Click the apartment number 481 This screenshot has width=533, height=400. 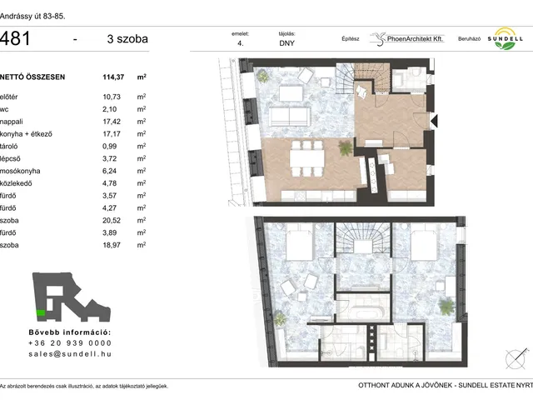point(15,38)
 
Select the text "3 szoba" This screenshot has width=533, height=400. point(127,39)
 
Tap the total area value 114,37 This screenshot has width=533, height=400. point(113,77)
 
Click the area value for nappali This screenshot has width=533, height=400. point(112,122)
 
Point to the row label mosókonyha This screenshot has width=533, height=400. point(20,171)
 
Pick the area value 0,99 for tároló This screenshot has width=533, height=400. point(109,147)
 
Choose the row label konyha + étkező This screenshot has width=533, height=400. point(26,134)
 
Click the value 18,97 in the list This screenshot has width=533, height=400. point(112,245)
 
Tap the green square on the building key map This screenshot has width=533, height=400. point(41,313)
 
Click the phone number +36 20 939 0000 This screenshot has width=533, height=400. point(70,343)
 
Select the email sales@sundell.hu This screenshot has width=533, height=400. point(70,354)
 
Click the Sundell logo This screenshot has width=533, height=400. point(506,38)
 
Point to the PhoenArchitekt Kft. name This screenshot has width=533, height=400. point(415,39)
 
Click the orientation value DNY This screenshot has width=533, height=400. point(286,43)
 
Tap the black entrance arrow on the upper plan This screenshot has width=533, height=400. point(434,121)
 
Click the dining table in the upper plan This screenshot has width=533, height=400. point(307,158)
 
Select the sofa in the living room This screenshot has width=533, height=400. point(290,117)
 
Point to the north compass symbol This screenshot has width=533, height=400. point(516,358)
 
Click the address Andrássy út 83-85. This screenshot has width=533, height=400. point(32,17)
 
